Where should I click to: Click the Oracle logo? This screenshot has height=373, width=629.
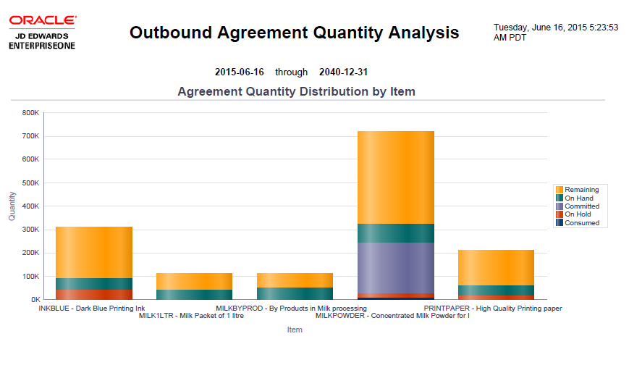point(43,21)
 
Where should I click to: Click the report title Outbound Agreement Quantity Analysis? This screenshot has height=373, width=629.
point(294,33)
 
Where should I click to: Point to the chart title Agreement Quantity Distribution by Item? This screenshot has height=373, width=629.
point(296,92)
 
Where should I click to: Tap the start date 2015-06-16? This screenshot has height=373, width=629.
point(239,72)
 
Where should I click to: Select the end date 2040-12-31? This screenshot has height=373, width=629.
point(343,72)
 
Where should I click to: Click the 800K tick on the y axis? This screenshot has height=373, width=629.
point(30,113)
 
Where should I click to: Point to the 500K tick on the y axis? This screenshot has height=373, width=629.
point(30,183)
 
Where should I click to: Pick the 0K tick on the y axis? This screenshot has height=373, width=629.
point(34,299)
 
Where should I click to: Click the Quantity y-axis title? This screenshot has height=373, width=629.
point(12,206)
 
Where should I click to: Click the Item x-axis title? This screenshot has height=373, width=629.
point(295,330)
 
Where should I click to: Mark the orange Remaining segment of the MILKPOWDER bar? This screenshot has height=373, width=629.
point(395,177)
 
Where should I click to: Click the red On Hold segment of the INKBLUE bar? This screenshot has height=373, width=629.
point(94,294)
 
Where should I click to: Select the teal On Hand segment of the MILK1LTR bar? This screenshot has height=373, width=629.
point(194,294)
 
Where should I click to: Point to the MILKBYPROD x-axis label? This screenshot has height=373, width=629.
point(291,309)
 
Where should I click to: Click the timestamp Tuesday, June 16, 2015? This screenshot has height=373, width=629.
point(555,28)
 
